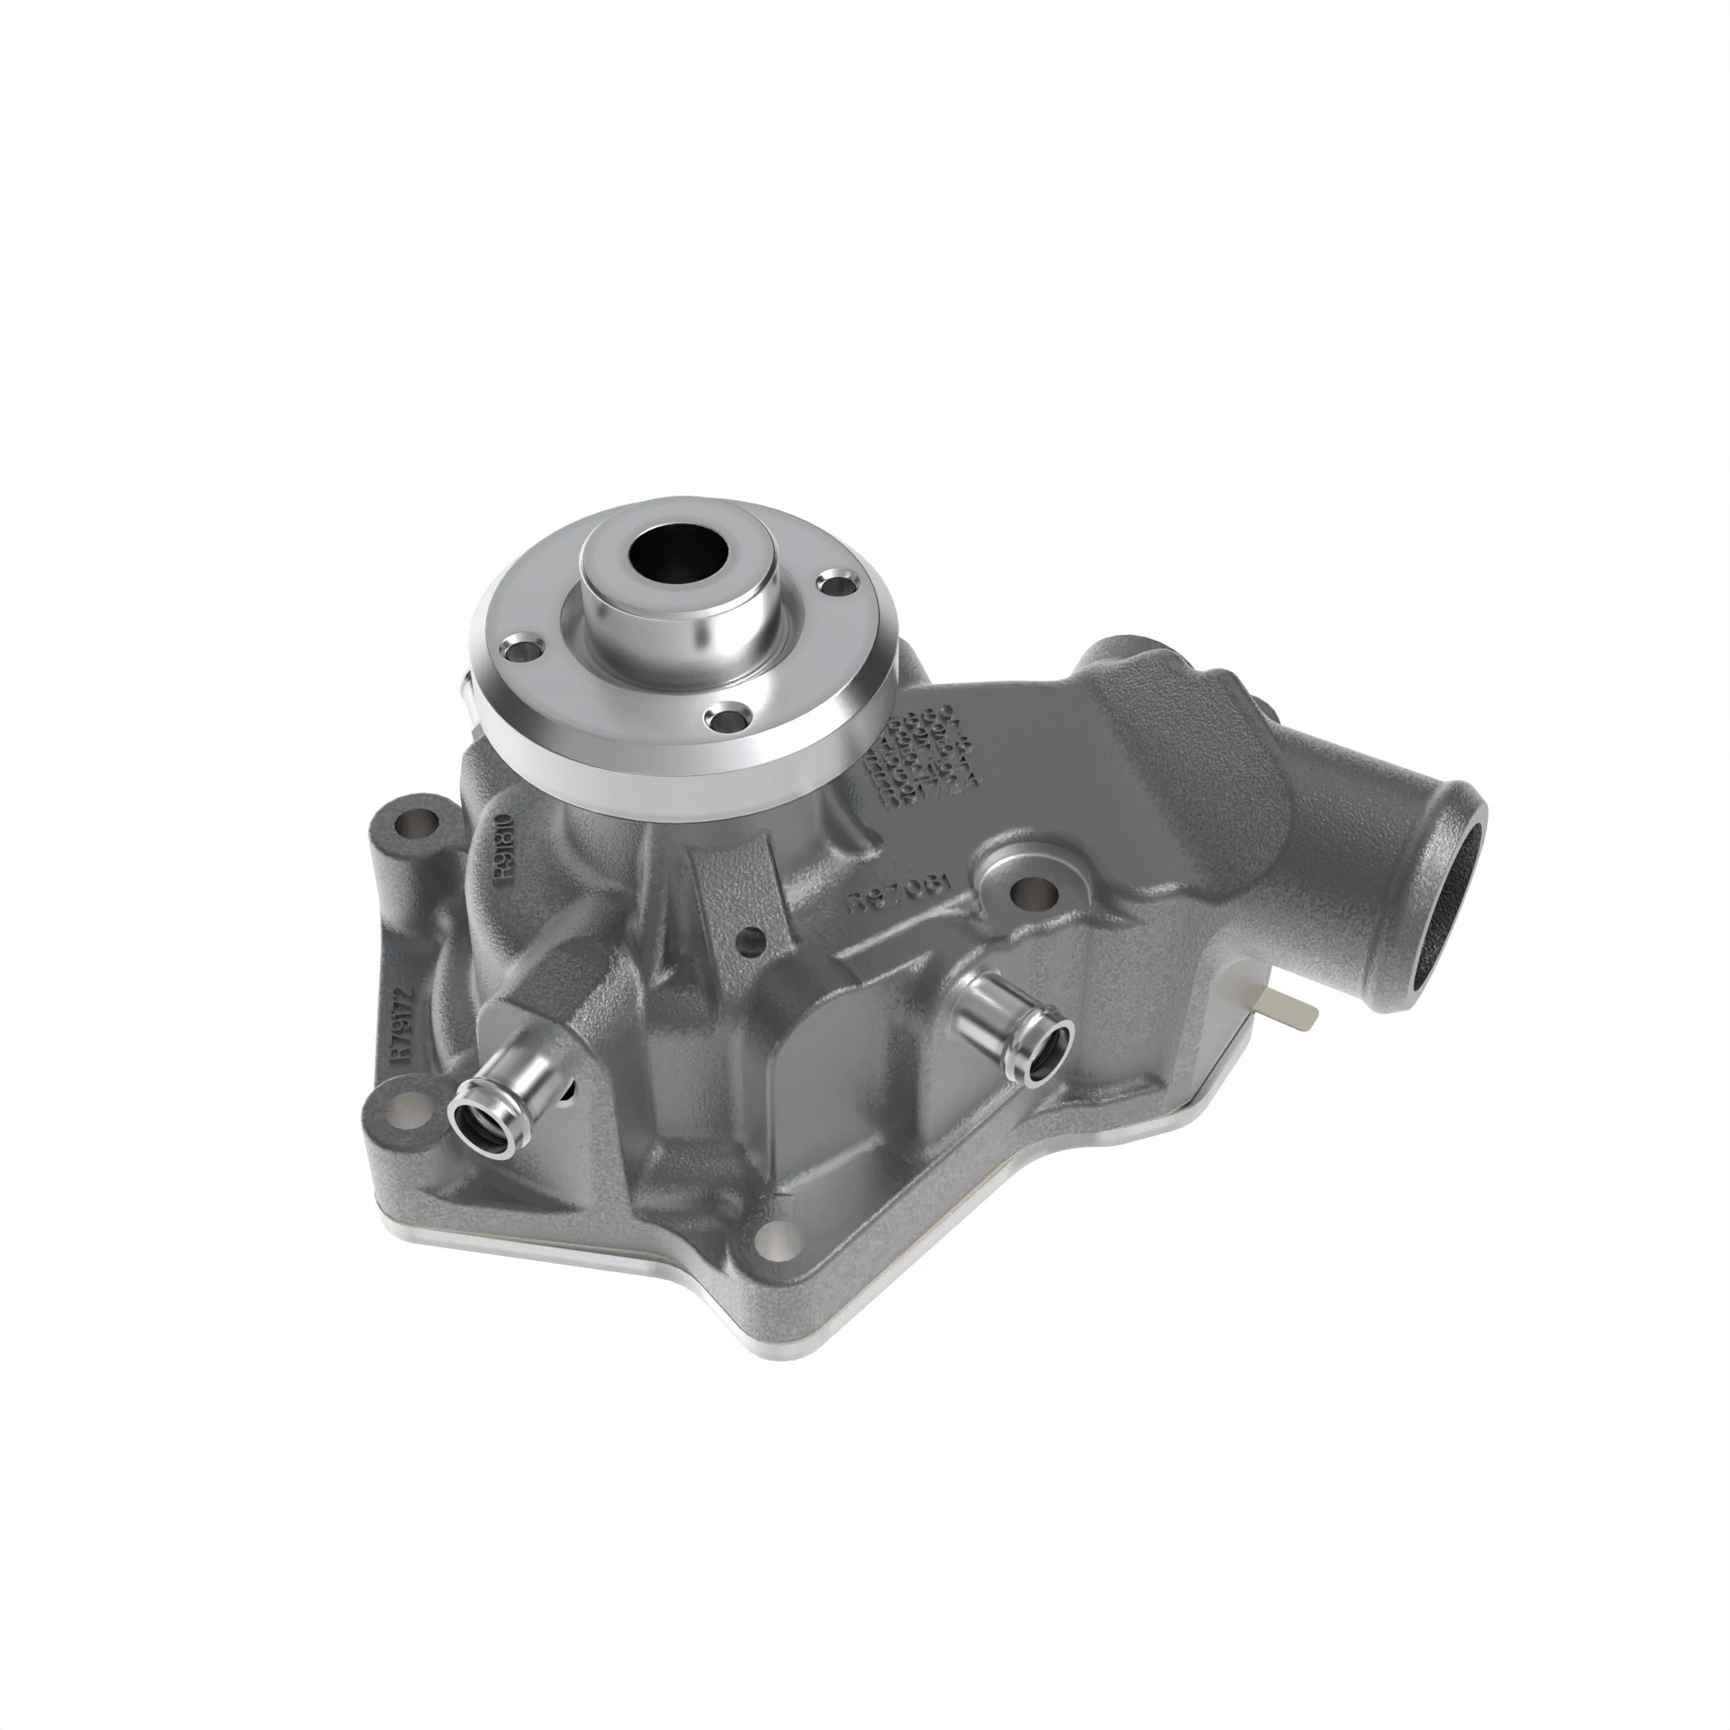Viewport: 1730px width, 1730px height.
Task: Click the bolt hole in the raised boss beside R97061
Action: [x=1034, y=891]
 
